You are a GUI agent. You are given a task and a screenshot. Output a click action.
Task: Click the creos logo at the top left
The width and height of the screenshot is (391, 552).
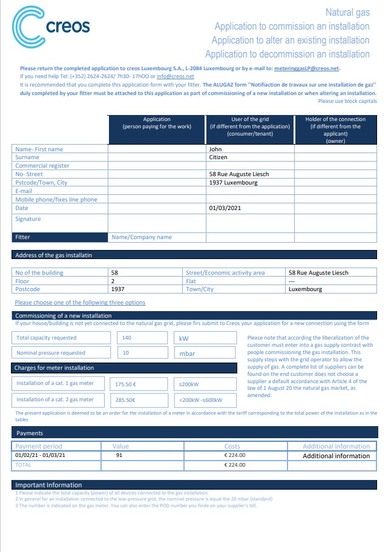point(51,26)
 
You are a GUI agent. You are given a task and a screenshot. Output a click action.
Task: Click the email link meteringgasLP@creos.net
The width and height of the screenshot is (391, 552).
point(307,68)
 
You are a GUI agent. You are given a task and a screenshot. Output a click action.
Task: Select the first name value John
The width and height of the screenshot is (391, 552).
point(214,149)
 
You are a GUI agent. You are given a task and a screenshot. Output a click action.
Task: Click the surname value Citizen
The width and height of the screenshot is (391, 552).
point(217,157)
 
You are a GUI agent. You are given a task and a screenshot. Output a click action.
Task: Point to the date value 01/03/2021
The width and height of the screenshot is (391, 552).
point(225,208)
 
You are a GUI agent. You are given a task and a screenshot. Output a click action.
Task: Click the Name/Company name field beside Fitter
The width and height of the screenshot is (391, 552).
point(142,237)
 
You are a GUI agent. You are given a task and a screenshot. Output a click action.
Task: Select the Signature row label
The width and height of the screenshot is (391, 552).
point(28,219)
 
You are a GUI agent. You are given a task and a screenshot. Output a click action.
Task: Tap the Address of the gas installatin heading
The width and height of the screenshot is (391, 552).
point(53,255)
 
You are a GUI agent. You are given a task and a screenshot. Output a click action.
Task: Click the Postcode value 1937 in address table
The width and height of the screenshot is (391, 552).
point(118,289)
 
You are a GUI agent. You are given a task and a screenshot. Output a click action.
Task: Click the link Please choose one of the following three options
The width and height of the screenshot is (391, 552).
point(80,303)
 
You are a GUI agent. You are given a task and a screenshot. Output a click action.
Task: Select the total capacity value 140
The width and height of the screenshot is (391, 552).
point(126,338)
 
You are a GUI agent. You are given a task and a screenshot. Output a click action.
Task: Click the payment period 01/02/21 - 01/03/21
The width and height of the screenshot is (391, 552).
point(41,455)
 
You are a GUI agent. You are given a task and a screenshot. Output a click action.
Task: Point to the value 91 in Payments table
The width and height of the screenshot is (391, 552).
point(119,455)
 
